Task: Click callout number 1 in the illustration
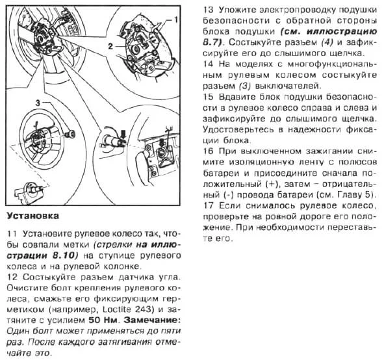click(x=176, y=19)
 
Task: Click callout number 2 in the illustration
click(x=110, y=46)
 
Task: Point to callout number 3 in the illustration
click(x=38, y=103)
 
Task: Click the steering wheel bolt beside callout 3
click(x=71, y=134)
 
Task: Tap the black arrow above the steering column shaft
click(x=123, y=135)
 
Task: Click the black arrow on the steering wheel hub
click(x=162, y=143)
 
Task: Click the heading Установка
click(x=33, y=216)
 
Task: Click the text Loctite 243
click(x=128, y=309)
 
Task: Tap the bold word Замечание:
click(x=152, y=320)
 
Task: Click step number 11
click(x=12, y=234)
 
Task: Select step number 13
click(x=209, y=10)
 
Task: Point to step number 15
click(x=209, y=97)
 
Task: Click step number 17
click(x=209, y=205)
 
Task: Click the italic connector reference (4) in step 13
click(x=327, y=42)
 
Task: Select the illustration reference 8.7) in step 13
click(x=212, y=42)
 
